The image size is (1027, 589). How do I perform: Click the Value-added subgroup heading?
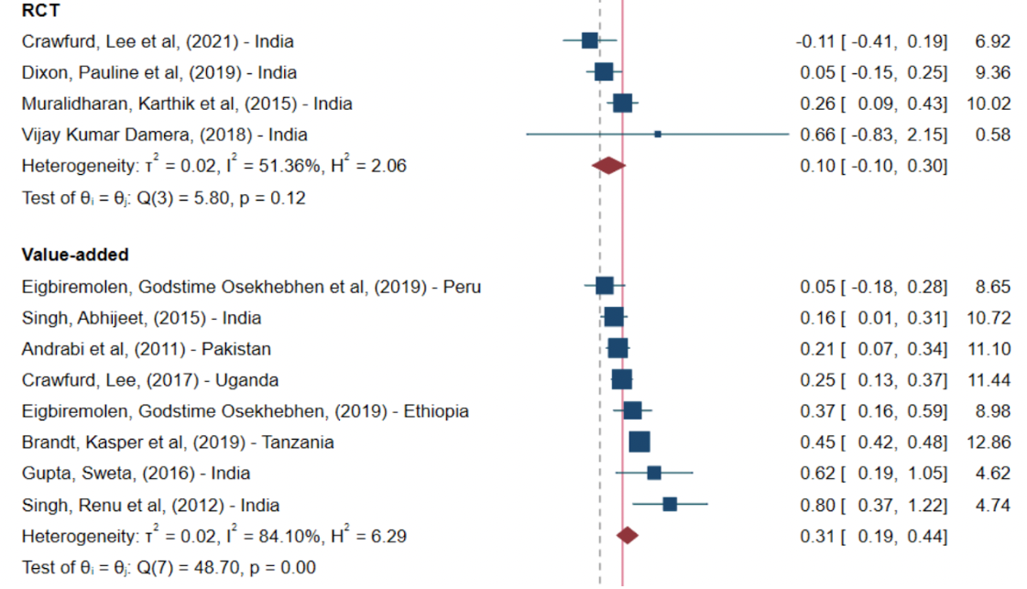point(75,255)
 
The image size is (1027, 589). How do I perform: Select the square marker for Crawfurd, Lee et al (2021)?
point(589,40)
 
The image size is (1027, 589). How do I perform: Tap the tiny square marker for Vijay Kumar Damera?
point(658,134)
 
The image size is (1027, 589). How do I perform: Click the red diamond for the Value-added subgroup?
point(628,536)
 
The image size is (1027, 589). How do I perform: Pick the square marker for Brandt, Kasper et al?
point(639,442)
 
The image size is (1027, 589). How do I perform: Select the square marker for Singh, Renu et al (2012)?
point(670,505)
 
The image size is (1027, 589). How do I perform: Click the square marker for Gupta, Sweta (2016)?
point(654,473)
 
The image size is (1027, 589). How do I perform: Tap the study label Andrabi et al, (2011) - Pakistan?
point(147,349)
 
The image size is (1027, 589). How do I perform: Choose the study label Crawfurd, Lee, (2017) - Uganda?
point(150,380)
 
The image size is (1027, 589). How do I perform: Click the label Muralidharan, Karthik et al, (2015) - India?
point(187,104)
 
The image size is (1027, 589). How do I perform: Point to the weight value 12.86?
point(989,442)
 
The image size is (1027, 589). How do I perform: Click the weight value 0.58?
point(993,135)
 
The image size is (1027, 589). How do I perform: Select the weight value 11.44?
point(989,380)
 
